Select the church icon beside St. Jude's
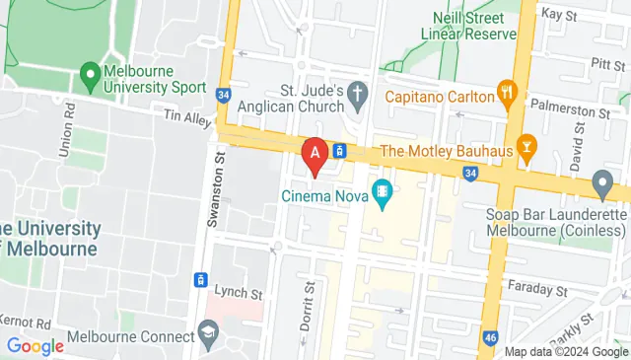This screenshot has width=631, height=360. pos(358,95)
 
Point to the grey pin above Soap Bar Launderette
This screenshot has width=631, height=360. pos(602,183)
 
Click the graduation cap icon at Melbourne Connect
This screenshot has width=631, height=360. pos(207,329)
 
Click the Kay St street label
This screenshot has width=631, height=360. pos(558,15)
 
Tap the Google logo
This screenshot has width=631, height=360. pos(35,346)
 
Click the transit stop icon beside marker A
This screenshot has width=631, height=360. pos(338,151)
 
